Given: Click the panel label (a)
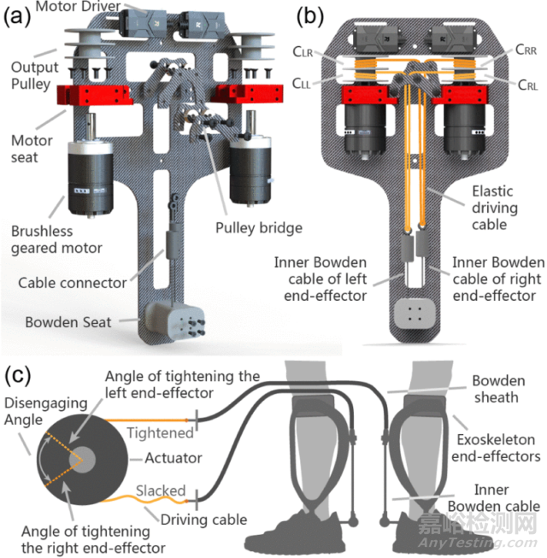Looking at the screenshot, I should (x=16, y=15).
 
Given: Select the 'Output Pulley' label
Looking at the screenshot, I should (x=33, y=76).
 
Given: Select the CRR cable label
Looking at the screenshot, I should (x=507, y=51).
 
